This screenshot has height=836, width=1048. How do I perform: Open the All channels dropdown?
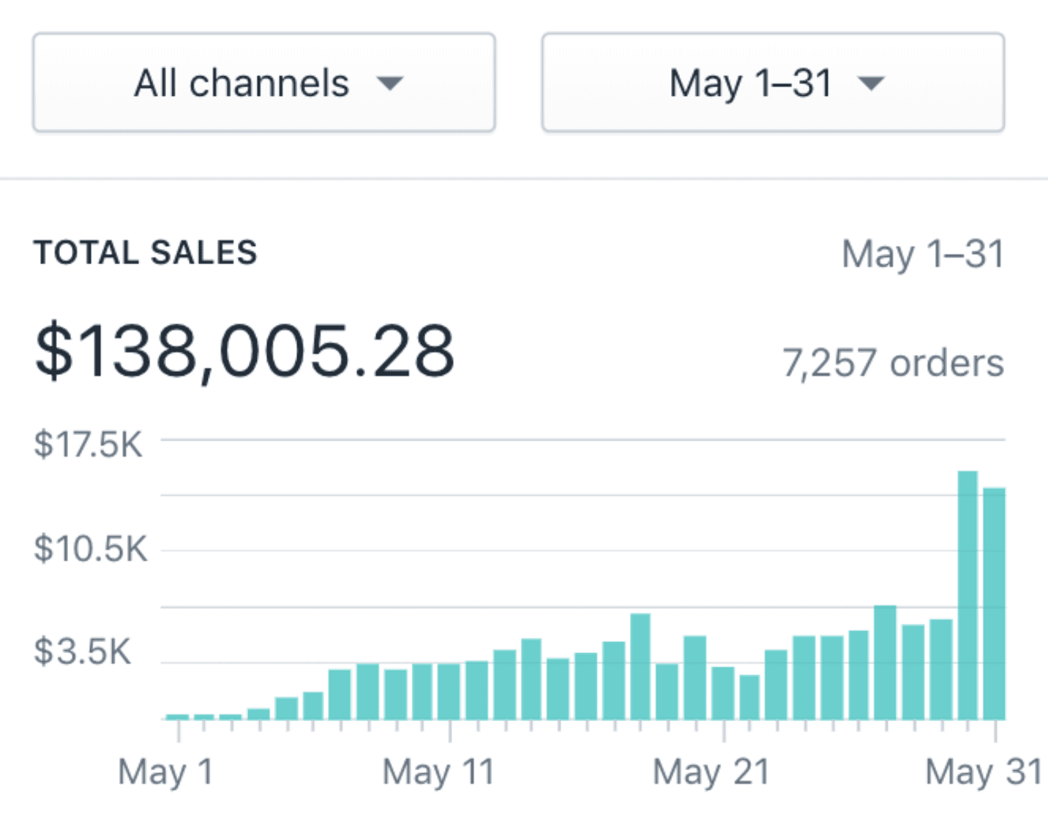pyautogui.click(x=263, y=83)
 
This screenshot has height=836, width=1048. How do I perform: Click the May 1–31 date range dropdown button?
pyautogui.click(x=773, y=83)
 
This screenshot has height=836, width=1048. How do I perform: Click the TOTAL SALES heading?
pyautogui.click(x=146, y=253)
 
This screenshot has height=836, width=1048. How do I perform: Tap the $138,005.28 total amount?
pyautogui.click(x=244, y=351)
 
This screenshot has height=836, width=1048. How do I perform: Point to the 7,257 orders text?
pyautogui.click(x=893, y=363)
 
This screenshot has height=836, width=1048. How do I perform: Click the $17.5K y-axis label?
pyautogui.click(x=88, y=445)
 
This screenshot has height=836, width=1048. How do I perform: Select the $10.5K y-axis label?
pyautogui.click(x=90, y=549)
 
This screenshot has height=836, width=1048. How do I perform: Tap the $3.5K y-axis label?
pyautogui.click(x=82, y=652)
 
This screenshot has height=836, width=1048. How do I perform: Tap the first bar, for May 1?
pyautogui.click(x=177, y=717)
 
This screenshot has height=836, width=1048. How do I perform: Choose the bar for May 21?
pyautogui.click(x=723, y=693)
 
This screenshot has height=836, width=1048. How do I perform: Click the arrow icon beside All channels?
pyautogui.click(x=390, y=83)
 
